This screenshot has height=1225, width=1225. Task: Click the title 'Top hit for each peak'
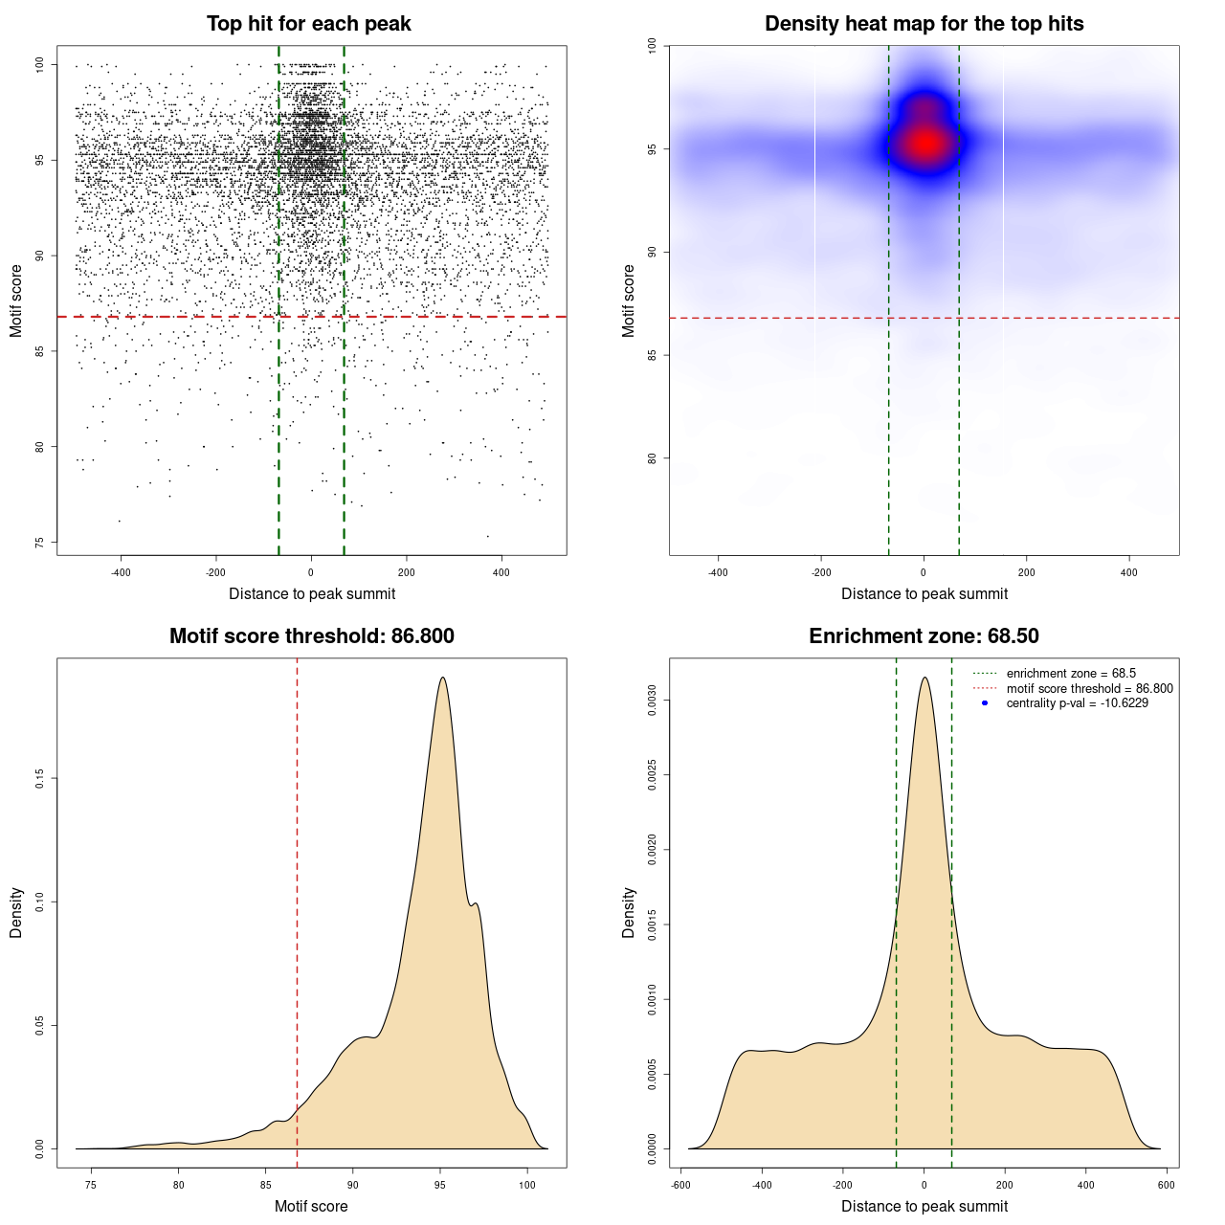[308, 24]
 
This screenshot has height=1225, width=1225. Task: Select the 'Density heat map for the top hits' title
[924, 24]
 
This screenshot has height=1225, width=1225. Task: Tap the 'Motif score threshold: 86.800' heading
[311, 636]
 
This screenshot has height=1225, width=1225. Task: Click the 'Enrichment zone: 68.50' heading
[924, 636]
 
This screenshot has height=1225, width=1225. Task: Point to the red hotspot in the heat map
[925, 144]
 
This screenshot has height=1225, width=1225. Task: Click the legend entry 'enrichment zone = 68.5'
[1071, 674]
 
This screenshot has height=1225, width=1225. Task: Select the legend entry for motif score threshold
[1089, 688]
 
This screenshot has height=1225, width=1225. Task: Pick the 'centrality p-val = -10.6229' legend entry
[1077, 703]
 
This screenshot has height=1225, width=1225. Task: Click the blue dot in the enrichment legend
[985, 703]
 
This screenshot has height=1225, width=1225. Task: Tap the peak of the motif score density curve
[442, 678]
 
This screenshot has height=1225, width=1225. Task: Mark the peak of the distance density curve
[924, 678]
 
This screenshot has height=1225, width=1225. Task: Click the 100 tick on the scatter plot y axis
[40, 65]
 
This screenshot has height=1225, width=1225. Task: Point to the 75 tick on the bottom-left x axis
[91, 1185]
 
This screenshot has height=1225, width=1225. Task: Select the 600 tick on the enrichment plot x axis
[1166, 1185]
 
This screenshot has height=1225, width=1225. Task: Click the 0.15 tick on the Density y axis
[40, 779]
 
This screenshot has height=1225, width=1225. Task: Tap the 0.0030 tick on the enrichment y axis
[653, 701]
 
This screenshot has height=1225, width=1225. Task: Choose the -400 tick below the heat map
[718, 572]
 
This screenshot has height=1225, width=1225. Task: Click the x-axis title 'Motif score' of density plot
[311, 1206]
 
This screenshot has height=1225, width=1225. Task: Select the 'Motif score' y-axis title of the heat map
[629, 301]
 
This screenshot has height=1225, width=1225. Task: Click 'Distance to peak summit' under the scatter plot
[312, 593]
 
